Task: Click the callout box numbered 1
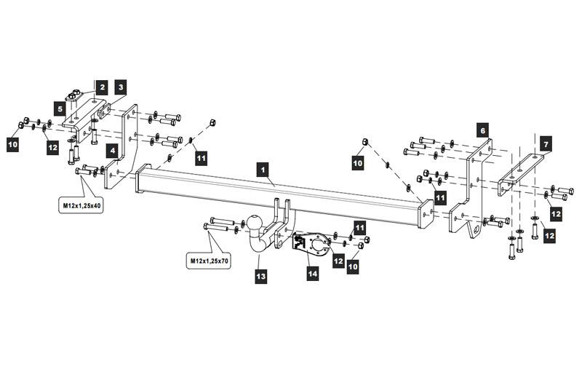pyautogui.click(x=263, y=170)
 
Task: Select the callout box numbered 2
pyautogui.click(x=102, y=87)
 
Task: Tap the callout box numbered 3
pyautogui.click(x=121, y=87)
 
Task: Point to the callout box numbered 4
pyautogui.click(x=113, y=151)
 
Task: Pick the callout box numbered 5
pyautogui.click(x=60, y=108)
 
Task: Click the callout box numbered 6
pyautogui.click(x=483, y=130)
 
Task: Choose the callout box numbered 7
pyautogui.click(x=546, y=143)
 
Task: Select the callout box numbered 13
pyautogui.click(x=261, y=276)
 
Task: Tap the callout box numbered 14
pyautogui.click(x=313, y=274)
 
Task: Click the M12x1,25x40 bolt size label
pyautogui.click(x=81, y=205)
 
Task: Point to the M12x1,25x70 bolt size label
pyautogui.click(x=209, y=261)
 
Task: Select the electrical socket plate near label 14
pyautogui.click(x=311, y=245)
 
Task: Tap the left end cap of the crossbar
pyautogui.click(x=143, y=178)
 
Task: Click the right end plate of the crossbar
pyautogui.click(x=426, y=214)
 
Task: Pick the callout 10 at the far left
pyautogui.click(x=13, y=143)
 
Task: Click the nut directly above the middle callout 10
pyautogui.click(x=365, y=141)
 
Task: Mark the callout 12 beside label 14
pyautogui.click(x=338, y=261)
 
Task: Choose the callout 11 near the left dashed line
pyautogui.click(x=202, y=159)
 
